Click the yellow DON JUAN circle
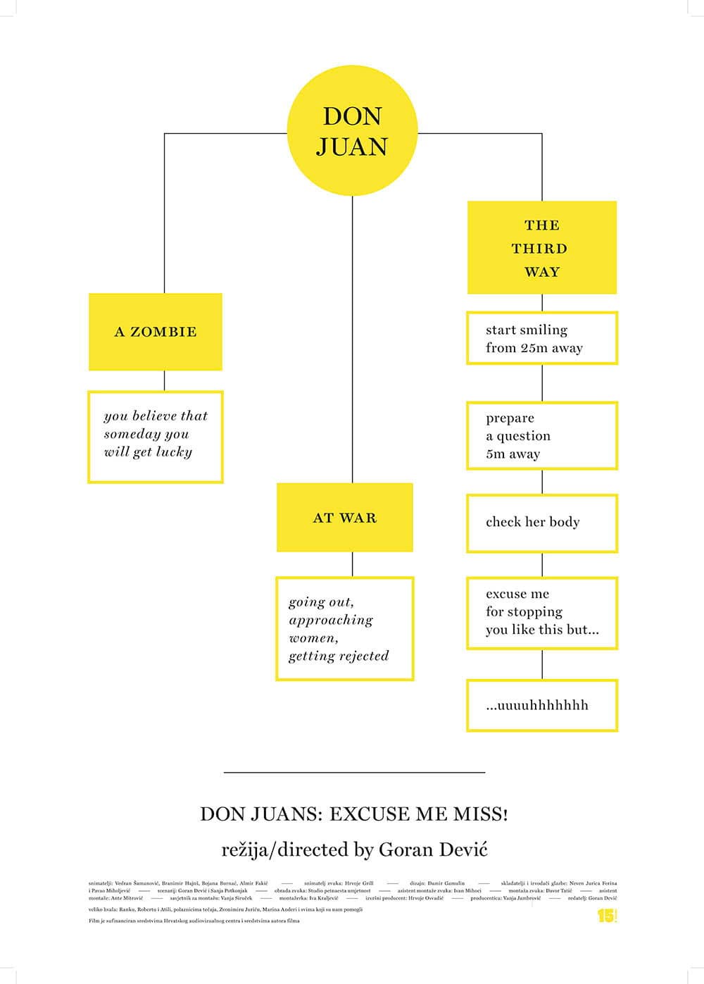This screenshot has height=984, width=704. click(352, 131)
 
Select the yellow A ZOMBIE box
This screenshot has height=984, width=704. click(155, 332)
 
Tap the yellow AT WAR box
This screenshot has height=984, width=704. click(344, 518)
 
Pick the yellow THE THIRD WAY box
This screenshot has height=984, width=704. click(541, 247)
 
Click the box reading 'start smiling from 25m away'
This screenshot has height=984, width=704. click(541, 338)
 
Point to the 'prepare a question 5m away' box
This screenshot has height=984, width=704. click(541, 435)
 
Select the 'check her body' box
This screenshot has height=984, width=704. click(541, 523)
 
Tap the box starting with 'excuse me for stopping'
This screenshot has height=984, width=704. click(541, 612)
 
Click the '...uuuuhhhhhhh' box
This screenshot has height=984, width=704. click(541, 705)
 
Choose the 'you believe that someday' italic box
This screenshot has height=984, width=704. click(155, 437)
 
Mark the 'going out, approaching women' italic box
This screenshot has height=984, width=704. click(344, 628)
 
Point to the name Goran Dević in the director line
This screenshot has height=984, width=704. click(433, 849)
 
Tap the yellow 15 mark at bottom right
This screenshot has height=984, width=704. click(606, 916)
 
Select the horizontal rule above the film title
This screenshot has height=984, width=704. click(354, 773)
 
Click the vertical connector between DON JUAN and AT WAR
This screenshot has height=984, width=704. click(352, 338)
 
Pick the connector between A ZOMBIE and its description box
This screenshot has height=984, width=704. click(164, 380)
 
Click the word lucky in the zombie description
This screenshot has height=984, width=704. click(174, 452)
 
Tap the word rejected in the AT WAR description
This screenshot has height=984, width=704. click(363, 656)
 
